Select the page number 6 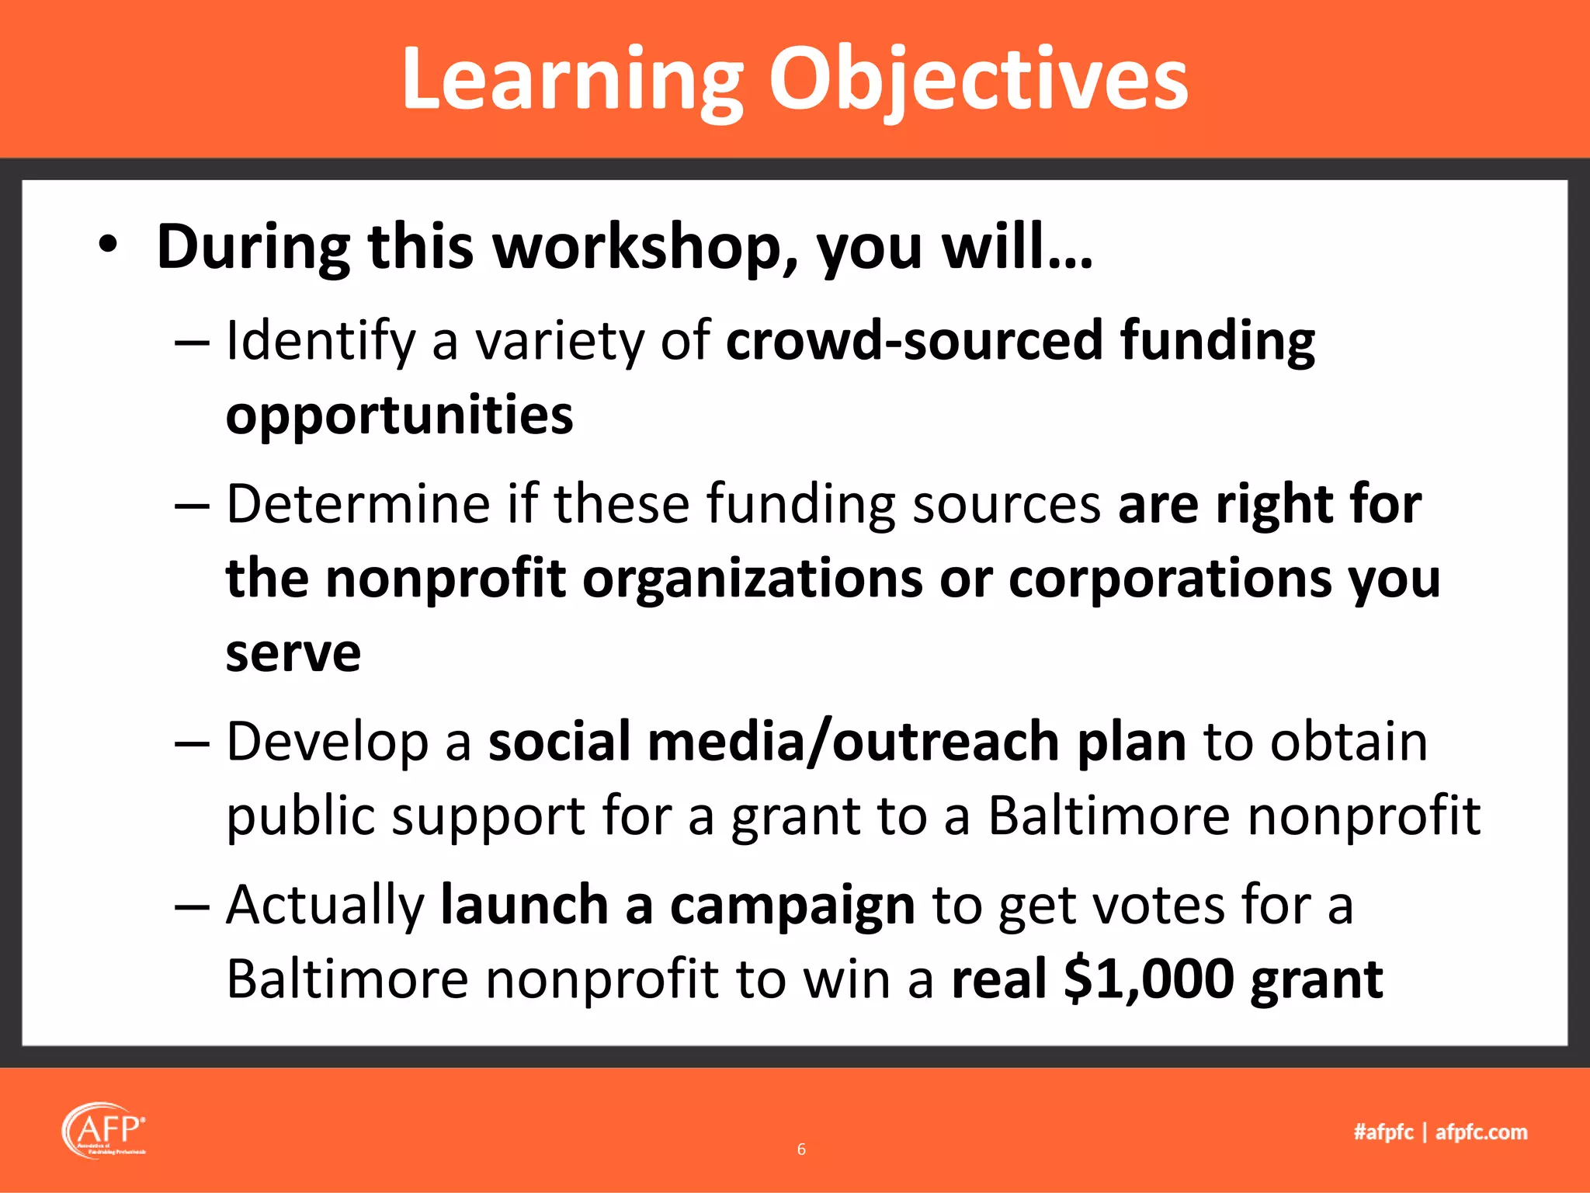[x=801, y=1150]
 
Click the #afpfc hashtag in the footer [x=1383, y=1132]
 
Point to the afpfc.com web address [x=1481, y=1132]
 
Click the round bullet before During [x=108, y=245]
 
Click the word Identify [x=321, y=342]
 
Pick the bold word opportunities [x=399, y=416]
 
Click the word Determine [x=358, y=504]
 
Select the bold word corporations [x=1169, y=579]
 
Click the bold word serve [x=293, y=654]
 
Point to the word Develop [x=327, y=743]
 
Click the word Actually [x=325, y=906]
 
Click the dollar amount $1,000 [x=1148, y=980]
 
